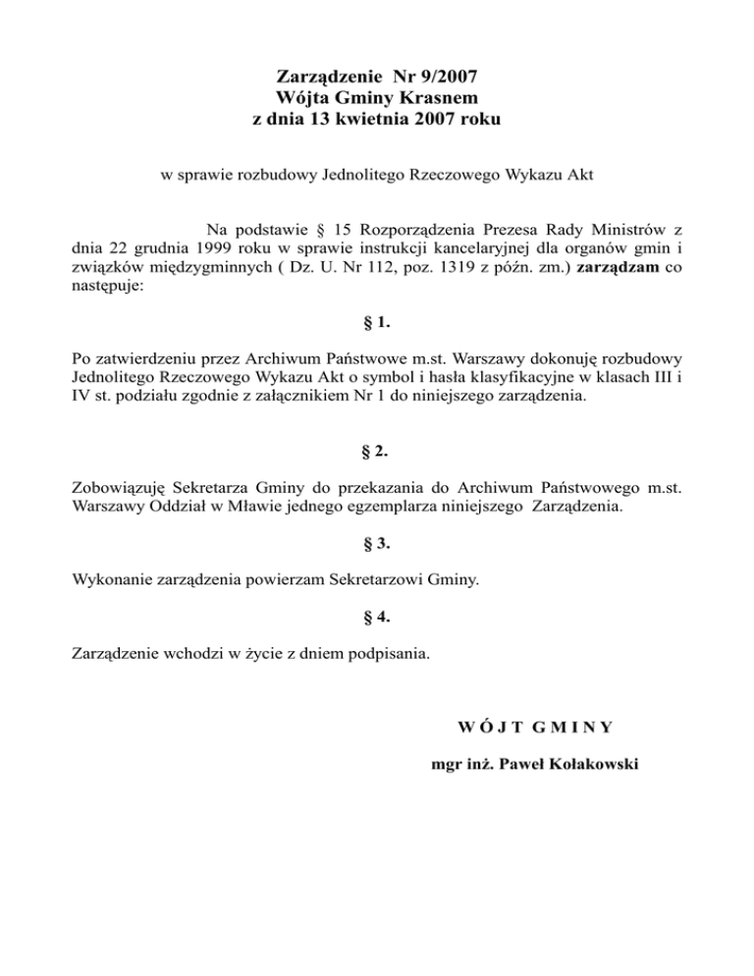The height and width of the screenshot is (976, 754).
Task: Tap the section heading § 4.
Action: click(377, 617)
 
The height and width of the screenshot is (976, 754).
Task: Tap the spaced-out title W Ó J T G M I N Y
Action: click(536, 728)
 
